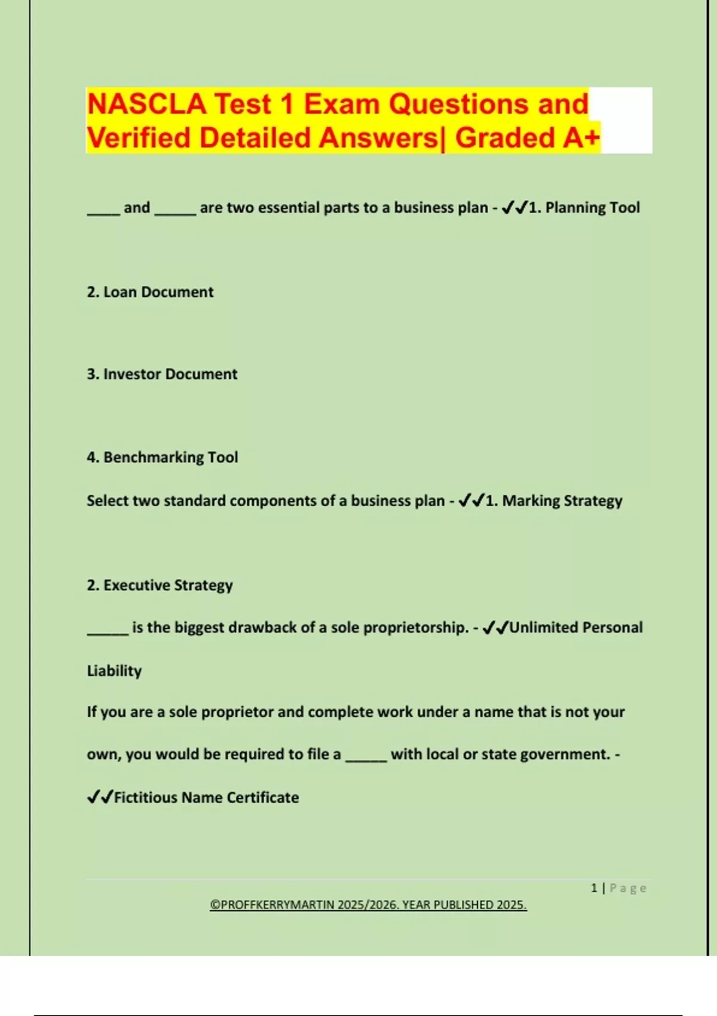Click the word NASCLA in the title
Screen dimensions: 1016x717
tap(146, 104)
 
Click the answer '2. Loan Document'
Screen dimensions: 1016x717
tap(150, 292)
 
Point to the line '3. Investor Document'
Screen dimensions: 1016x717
tap(162, 374)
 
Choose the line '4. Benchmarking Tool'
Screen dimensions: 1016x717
tap(162, 457)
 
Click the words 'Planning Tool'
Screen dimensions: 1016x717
tap(592, 207)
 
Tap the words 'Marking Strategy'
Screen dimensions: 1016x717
tap(562, 501)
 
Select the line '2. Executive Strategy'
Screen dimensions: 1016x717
tap(160, 585)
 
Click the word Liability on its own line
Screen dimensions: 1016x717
tap(114, 671)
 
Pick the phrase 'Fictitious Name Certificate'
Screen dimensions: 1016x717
tap(206, 797)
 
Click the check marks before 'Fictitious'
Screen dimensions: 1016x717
tap(100, 797)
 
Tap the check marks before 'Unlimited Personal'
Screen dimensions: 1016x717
tap(495, 628)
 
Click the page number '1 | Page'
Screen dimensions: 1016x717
tap(618, 888)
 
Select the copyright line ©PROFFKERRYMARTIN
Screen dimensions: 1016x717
tap(368, 905)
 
